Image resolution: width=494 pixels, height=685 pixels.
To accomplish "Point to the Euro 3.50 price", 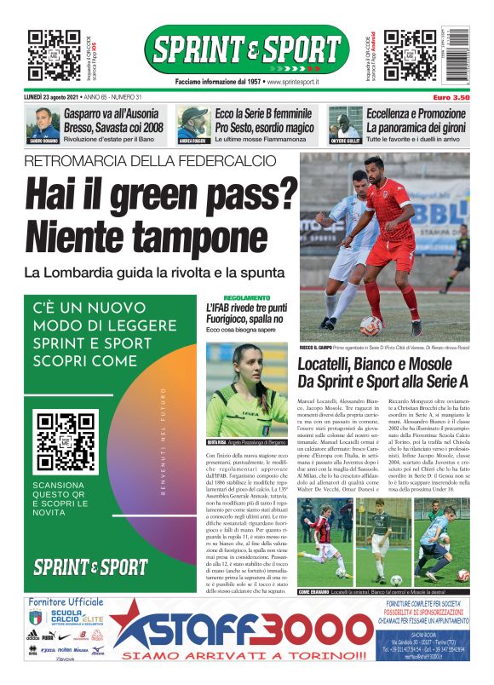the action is coord(451,98).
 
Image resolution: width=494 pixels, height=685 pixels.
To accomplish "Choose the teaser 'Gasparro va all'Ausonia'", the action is coord(115,113).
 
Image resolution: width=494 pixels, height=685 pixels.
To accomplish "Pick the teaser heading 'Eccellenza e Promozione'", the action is coord(416,113).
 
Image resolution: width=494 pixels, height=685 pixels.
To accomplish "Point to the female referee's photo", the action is coord(247,389).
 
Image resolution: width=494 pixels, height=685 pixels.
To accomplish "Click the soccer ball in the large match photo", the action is coord(370,325).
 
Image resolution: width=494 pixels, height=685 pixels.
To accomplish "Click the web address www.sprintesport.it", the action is coord(293,82).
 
